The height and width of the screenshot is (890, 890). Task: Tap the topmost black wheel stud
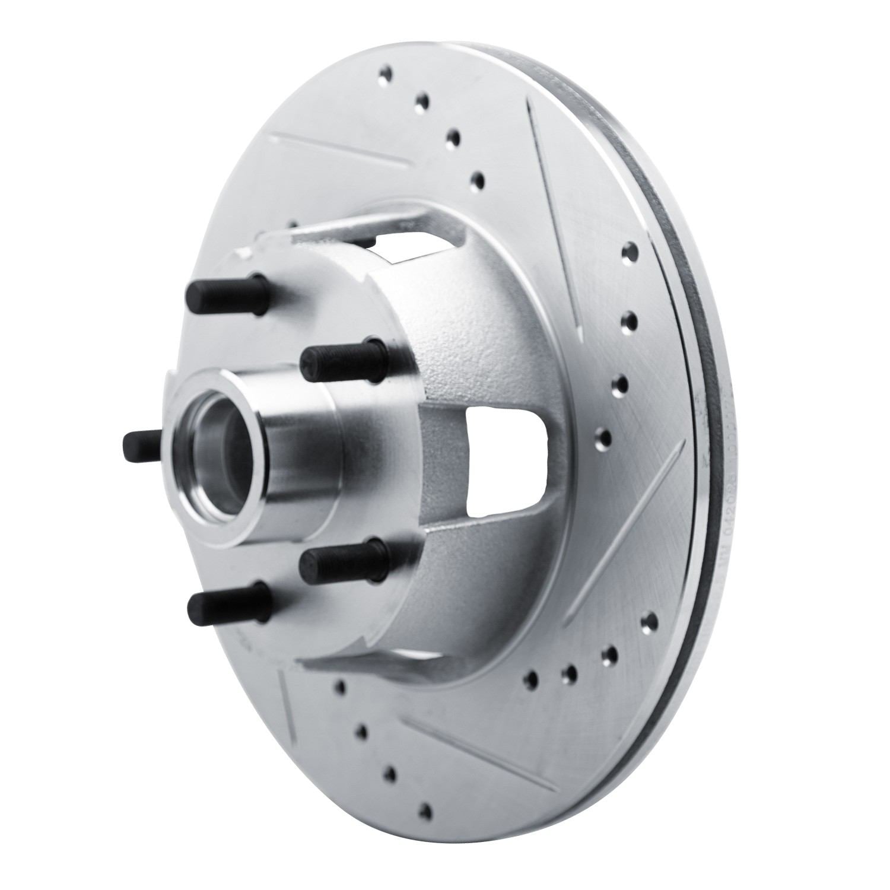pyautogui.click(x=225, y=291)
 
